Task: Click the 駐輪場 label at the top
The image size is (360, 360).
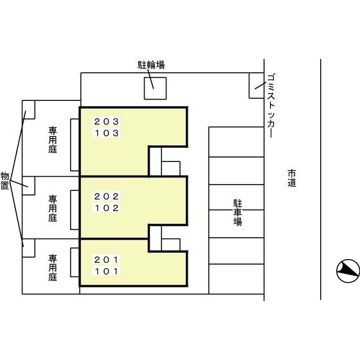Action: [151, 65]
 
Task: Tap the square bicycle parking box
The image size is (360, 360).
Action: [155, 89]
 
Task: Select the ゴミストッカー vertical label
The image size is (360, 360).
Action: [271, 105]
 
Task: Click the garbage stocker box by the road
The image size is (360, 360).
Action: [256, 85]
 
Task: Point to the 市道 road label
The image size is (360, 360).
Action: [292, 178]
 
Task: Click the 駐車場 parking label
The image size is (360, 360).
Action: [238, 213]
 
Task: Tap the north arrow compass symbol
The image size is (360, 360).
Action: [348, 271]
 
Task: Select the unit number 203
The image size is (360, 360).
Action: [107, 122]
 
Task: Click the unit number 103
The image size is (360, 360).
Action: [107, 133]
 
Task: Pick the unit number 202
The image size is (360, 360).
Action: [107, 196]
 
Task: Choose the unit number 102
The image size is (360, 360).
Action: [107, 208]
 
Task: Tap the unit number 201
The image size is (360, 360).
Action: [106, 260]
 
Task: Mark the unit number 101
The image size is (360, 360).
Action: [106, 271]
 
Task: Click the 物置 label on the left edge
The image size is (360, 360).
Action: [4, 181]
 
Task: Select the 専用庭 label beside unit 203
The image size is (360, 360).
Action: [53, 140]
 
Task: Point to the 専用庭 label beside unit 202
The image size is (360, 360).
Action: [53, 208]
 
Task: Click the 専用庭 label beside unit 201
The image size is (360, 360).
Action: [53, 267]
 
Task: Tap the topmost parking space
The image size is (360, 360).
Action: [237, 142]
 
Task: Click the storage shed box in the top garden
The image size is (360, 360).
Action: [28, 110]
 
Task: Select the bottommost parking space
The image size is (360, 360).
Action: [237, 279]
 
